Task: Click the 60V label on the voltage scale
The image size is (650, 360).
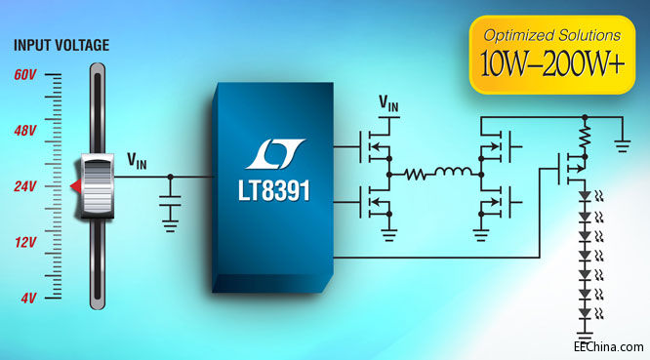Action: pos(25,74)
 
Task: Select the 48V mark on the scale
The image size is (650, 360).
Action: pos(25,130)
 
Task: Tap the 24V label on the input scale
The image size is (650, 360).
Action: pos(25,185)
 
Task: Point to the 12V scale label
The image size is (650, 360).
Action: pos(25,241)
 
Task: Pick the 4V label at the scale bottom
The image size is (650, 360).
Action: pos(28,297)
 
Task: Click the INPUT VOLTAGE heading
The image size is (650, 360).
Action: pos(60,46)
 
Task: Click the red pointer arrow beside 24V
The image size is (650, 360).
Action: pos(73,185)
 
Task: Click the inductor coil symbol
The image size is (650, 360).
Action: pos(452,176)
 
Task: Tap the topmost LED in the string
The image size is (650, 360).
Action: pos(585,198)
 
